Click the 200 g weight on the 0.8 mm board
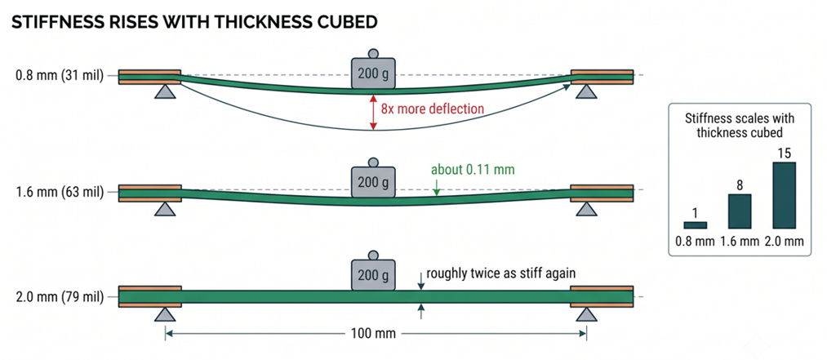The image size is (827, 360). pos(373,72)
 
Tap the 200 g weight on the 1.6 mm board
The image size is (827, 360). pos(373,180)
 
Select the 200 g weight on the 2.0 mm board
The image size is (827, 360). pos(373,273)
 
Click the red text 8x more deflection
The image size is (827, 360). pos(433,109)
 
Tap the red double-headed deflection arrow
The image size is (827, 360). pos(373,113)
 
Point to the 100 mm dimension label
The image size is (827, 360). pos(376,334)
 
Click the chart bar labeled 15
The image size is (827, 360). pos(783,195)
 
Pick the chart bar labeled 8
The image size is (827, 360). pos(739,211)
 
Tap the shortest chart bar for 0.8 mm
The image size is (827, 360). pos(695,225)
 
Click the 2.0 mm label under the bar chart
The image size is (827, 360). pos(783,242)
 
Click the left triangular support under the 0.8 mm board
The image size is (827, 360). pos(165,91)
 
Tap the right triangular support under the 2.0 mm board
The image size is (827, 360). pos(586,314)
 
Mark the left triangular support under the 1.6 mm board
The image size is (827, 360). pos(165,209)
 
